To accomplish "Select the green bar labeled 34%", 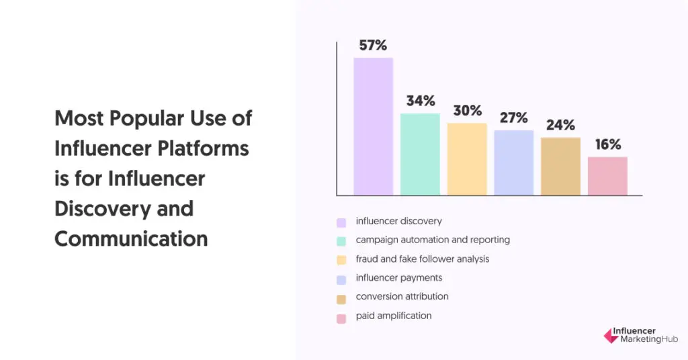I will coord(420,154).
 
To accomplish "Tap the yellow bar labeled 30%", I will coord(467,159).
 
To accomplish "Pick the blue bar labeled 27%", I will coord(514,163).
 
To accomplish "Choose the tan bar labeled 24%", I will coord(560,167).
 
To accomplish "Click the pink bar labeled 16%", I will coord(607,176).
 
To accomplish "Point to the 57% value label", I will coord(373,46).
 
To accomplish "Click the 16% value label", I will coord(607,144).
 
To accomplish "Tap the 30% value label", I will coord(467,111).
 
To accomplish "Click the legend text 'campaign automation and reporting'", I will coord(433,240).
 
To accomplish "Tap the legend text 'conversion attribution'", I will coord(402,296).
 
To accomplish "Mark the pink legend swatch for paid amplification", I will coord(342,316).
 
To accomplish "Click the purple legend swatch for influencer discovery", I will coord(342,222).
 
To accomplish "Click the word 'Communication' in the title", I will coord(131,238).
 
